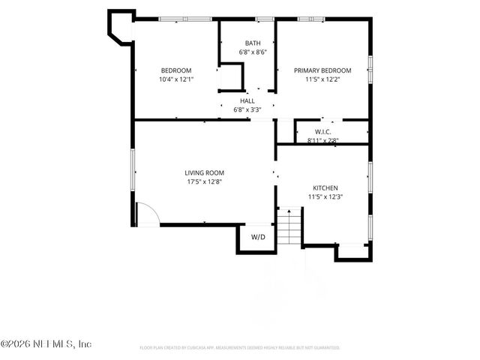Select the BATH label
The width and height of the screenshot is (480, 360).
coord(253,43)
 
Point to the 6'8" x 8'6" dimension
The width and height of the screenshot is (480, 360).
coord(253,52)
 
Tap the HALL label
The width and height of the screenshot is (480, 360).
coord(247,100)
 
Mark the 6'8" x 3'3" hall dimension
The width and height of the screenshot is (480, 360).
coord(247,109)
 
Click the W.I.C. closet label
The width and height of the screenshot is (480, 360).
coord(323,131)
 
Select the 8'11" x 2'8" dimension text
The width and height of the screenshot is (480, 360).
coord(323,139)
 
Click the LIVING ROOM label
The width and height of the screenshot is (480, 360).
coord(205,172)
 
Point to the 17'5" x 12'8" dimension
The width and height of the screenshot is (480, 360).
coord(205,181)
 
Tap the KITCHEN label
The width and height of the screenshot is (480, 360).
coord(325,187)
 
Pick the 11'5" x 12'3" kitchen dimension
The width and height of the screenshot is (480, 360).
coord(325,196)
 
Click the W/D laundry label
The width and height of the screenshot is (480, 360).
coord(258,237)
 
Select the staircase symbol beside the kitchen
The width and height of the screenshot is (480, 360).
coord(288,226)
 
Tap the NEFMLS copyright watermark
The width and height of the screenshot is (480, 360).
coord(46,344)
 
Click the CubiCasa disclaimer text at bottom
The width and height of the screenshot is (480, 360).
coord(240,348)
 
